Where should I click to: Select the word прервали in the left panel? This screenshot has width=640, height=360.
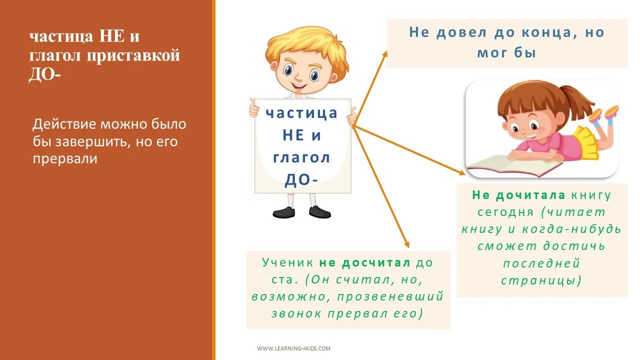64,159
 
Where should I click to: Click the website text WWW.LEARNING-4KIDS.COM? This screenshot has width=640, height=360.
293,348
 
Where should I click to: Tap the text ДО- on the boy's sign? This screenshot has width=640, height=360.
301,180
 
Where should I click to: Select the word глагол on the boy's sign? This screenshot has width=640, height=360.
301,157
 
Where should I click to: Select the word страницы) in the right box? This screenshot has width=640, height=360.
541,280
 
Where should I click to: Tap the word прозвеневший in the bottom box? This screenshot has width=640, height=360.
390,296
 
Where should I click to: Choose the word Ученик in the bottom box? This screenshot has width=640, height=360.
288,262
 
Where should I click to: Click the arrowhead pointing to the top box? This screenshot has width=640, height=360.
383,53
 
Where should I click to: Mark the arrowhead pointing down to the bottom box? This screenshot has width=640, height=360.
406,244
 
